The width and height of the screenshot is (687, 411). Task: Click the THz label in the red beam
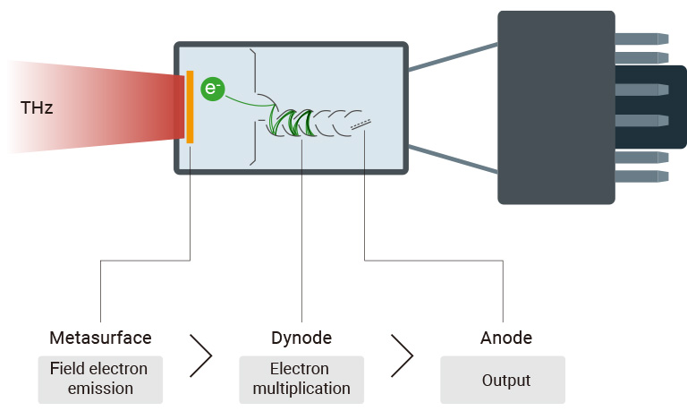coord(37,108)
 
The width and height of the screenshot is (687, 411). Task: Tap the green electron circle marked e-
coord(212,89)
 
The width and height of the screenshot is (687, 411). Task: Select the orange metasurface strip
coord(190,107)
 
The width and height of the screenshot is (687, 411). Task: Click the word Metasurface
coord(100,338)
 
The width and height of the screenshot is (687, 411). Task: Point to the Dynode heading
coord(301,338)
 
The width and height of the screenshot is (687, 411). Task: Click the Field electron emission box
coord(100,379)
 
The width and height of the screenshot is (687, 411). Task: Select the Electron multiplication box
coord(301,379)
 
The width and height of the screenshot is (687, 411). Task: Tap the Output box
coord(503,380)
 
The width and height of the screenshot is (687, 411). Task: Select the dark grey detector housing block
coord(556,107)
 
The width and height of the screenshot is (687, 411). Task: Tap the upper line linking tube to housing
coord(452,56)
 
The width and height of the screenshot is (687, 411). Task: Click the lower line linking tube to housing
coord(452,158)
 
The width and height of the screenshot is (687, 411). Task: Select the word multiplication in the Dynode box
coord(301,389)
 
